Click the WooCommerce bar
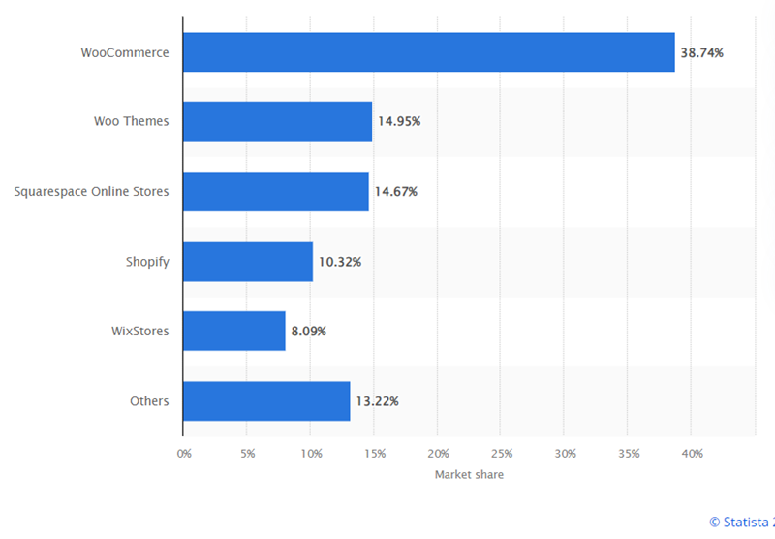[428, 52]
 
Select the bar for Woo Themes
[277, 121]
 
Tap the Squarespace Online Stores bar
[275, 191]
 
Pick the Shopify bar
[247, 262]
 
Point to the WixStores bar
[233, 331]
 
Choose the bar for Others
[265, 401]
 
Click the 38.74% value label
[701, 52]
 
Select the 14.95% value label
[399, 121]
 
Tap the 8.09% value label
[308, 331]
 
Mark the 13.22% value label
[377, 401]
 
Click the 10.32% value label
[340, 262]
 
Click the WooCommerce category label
[125, 52]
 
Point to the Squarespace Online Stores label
[91, 191]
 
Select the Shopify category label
[147, 262]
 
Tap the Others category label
[149, 401]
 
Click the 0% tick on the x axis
[183, 454]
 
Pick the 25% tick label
[501, 454]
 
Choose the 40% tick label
[692, 454]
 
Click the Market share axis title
[469, 475]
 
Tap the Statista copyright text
[741, 523]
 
